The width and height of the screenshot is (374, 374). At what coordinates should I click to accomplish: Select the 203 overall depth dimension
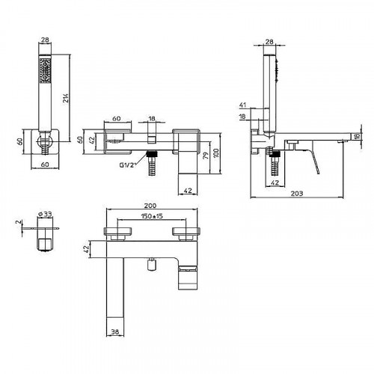297,193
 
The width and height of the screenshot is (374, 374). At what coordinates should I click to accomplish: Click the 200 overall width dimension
150,206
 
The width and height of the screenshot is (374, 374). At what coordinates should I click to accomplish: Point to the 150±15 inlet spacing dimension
152,216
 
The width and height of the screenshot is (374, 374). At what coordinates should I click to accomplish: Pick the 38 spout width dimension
114,331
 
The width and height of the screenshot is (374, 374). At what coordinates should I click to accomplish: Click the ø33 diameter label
45,214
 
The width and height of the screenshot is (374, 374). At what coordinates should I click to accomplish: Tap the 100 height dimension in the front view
216,153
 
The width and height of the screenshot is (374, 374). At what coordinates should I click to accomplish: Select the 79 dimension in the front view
206,156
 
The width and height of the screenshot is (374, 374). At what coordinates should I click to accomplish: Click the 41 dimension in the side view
242,105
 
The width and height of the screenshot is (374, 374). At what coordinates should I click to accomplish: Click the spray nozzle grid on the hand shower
45,70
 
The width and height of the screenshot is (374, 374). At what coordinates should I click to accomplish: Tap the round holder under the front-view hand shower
45,141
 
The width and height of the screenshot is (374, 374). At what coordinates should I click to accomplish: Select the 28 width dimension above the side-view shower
269,42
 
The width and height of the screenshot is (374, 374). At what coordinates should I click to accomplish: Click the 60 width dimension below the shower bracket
45,165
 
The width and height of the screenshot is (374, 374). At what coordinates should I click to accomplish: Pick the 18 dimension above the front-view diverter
152,118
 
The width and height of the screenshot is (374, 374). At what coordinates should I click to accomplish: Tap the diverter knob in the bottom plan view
152,265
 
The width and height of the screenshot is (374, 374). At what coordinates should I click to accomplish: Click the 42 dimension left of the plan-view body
86,249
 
